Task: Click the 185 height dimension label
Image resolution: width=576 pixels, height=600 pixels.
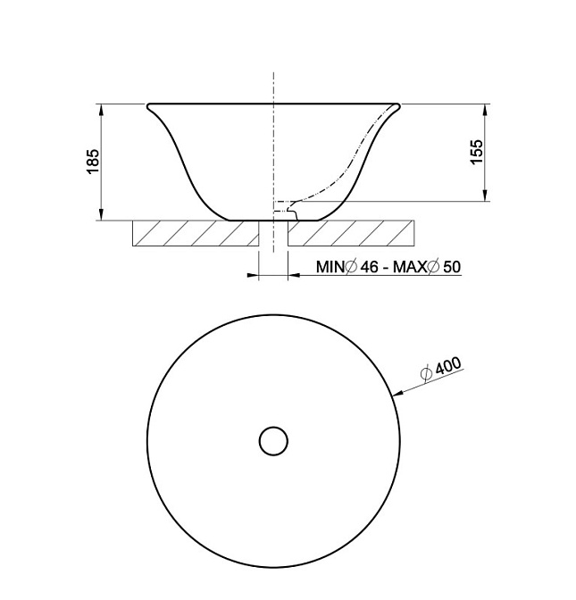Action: pos(93,162)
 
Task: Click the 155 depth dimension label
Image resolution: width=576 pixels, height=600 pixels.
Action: pos(477,153)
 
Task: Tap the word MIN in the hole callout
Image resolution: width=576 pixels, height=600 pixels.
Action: pos(330,267)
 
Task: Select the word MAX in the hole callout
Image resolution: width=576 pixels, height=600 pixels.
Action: pos(410,267)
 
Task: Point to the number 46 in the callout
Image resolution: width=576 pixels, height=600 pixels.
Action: pos(370,267)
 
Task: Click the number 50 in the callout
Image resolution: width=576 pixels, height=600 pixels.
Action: pos(452,267)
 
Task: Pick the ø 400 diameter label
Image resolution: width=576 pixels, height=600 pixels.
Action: pos(441,370)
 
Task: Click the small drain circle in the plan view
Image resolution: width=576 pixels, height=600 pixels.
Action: pos(273,441)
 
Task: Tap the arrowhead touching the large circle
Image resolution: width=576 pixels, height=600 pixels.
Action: pos(398,393)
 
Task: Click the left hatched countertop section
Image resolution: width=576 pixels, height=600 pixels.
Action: pos(196,233)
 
